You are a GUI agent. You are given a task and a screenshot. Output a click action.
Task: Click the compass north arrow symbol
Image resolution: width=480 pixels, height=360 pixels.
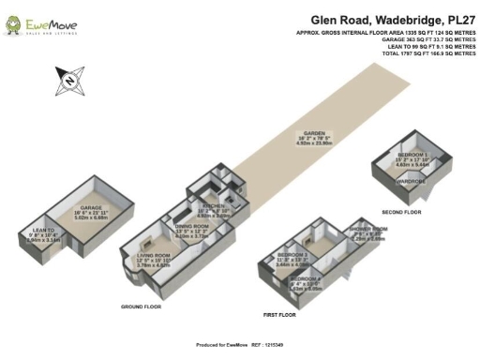[x=69, y=81]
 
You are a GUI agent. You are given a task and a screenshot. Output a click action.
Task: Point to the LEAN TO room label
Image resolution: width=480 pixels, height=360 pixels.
[x=43, y=230]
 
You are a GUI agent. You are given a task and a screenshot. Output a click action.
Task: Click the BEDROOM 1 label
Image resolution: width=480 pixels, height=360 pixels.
[x=412, y=153]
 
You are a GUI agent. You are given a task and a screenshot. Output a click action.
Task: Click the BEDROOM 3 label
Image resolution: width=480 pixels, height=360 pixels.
[x=293, y=254]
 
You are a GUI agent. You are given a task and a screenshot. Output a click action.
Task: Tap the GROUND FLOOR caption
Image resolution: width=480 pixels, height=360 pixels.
[x=141, y=307]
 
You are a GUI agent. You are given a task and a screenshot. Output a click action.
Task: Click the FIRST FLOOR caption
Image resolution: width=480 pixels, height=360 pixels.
[x=279, y=314]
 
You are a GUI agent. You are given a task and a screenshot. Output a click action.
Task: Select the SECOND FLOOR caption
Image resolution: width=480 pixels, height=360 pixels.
[x=402, y=213]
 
